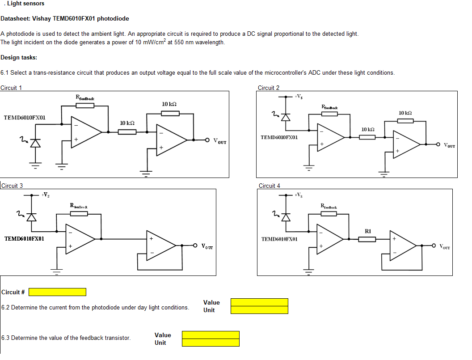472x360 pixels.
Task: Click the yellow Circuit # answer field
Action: [57, 292]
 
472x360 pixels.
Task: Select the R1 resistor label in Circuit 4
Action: [368, 231]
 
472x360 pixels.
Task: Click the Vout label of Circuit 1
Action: [219, 142]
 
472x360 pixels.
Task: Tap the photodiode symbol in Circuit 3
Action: [31, 217]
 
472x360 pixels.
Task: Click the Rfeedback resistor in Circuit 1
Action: [85, 106]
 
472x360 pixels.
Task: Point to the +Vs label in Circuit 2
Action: [299, 96]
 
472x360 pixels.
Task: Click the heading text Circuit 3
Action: [12, 186]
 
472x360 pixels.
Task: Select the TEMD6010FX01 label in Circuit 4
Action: [279, 239]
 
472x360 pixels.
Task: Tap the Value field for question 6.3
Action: [211, 335]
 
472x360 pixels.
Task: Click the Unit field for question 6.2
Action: [259, 310]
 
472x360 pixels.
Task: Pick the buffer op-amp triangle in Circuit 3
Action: [161, 245]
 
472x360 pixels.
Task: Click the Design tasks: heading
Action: [19, 57]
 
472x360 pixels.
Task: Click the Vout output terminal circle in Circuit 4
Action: [433, 246]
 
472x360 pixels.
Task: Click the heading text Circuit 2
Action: [269, 88]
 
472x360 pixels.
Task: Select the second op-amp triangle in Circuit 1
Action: [171, 140]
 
